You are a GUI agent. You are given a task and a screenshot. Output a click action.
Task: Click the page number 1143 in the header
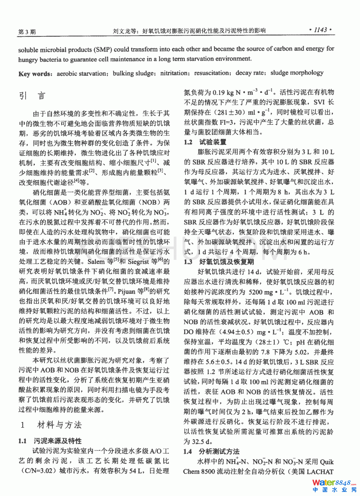coord(320,30)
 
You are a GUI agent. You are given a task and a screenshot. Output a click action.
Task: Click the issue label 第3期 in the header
coord(27,32)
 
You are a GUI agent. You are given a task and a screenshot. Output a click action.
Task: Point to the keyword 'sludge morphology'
coord(297,73)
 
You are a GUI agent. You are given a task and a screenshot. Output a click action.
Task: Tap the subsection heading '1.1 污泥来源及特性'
coord(50,441)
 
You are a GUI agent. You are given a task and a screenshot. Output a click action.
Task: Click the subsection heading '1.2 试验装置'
coord(205,142)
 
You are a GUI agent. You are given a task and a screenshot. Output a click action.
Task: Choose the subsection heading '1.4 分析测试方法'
coord(212,451)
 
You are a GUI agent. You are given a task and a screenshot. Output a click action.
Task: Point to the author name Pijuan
coord(126,291)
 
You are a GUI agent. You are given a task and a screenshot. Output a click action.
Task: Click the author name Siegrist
coord(138,262)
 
